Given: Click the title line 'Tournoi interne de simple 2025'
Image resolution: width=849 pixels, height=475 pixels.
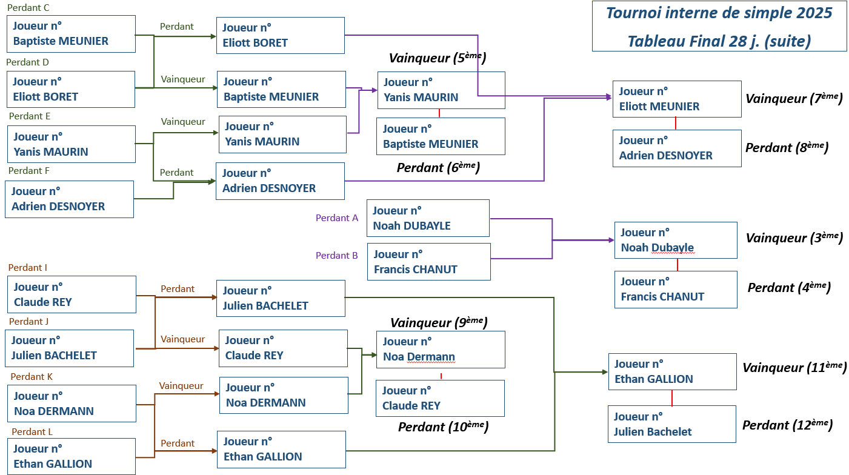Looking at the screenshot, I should pyautogui.click(x=719, y=13).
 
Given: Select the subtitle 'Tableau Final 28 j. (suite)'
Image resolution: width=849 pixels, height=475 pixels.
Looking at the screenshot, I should pyautogui.click(x=719, y=41).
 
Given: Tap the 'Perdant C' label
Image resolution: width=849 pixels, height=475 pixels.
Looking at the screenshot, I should pyautogui.click(x=28, y=8).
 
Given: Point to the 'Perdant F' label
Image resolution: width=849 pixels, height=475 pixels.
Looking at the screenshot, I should pyautogui.click(x=29, y=171).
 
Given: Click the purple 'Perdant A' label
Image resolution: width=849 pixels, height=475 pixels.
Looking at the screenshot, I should pyautogui.click(x=337, y=218).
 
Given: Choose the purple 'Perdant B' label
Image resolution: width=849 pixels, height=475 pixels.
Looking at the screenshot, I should pyautogui.click(x=337, y=256).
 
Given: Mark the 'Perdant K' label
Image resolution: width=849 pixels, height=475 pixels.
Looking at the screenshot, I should pyautogui.click(x=32, y=377).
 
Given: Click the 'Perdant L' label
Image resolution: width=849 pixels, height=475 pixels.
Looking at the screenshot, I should pyautogui.click(x=32, y=432).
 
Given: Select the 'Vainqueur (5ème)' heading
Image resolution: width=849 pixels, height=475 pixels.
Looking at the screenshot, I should pyautogui.click(x=438, y=58).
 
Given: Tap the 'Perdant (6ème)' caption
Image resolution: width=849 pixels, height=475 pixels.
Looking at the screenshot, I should pyautogui.click(x=438, y=168).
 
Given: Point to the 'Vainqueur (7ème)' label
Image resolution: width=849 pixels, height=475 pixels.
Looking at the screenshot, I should pyautogui.click(x=793, y=99).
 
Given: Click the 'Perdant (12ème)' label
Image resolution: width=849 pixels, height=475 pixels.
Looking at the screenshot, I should pyautogui.click(x=787, y=425).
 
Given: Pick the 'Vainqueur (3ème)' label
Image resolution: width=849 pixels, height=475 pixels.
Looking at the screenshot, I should pyautogui.click(x=793, y=238).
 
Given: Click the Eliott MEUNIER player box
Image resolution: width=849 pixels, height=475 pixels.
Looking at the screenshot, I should pyautogui.click(x=676, y=99).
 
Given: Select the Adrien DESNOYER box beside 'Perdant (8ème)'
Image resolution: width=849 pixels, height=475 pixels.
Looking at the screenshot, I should pyautogui.click(x=676, y=148).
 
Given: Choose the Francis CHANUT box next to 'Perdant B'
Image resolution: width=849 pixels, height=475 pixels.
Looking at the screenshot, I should pyautogui.click(x=428, y=262).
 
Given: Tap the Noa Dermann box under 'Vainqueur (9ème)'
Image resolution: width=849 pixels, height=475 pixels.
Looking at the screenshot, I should pyautogui.click(x=440, y=350).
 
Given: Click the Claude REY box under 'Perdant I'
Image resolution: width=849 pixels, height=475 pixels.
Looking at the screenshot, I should pyautogui.click(x=71, y=294).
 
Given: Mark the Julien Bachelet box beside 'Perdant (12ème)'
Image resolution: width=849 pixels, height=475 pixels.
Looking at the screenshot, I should pyautogui.click(x=671, y=424).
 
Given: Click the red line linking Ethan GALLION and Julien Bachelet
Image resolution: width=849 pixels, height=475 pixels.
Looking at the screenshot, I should pyautogui.click(x=672, y=397).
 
